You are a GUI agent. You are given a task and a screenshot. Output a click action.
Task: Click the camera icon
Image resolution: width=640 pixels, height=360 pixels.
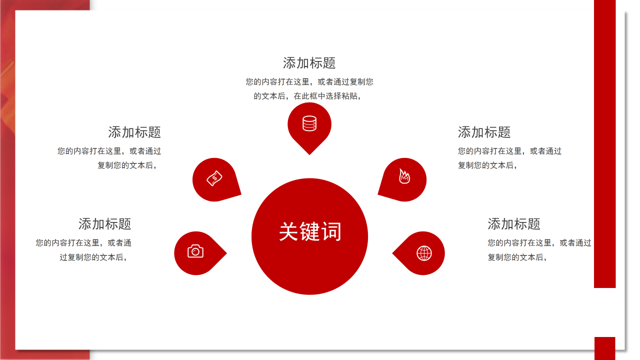[x=195, y=251]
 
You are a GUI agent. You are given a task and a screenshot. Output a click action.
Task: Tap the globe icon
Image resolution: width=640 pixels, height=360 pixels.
[x=424, y=253]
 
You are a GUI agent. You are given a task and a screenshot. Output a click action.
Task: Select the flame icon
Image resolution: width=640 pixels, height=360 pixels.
[x=404, y=176]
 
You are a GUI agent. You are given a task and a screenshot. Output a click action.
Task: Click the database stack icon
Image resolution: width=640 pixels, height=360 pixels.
[x=309, y=123]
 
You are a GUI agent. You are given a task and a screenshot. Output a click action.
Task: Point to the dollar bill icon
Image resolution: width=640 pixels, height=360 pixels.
[x=214, y=178]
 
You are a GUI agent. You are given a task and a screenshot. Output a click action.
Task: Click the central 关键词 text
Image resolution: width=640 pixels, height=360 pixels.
[x=310, y=232]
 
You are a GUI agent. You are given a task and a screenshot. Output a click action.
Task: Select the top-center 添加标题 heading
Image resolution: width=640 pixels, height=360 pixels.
[x=309, y=63]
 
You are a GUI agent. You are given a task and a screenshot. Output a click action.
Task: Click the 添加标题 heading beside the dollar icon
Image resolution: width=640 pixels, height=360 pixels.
[x=134, y=132]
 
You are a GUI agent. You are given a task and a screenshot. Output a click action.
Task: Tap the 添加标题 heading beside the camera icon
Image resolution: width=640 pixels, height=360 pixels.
[x=104, y=223]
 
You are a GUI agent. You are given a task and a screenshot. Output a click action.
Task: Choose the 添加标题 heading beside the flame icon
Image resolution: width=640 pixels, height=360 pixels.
[x=484, y=132]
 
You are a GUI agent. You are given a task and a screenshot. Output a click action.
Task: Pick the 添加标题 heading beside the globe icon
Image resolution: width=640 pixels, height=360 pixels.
[x=514, y=223]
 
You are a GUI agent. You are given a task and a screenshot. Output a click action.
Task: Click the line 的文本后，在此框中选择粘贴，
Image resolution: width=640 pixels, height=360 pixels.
[x=307, y=96]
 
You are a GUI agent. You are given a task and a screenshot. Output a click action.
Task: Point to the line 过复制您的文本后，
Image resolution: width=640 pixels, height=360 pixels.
[x=93, y=257]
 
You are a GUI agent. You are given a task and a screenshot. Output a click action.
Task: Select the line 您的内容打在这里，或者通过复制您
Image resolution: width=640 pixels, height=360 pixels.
[x=309, y=82]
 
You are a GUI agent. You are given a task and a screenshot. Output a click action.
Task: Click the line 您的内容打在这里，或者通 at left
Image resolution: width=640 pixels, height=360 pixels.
[x=83, y=243]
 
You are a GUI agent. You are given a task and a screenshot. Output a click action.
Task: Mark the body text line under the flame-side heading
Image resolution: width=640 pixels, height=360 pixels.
[x=509, y=151]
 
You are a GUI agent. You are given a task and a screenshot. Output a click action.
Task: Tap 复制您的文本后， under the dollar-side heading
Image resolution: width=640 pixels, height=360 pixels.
[x=127, y=165]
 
